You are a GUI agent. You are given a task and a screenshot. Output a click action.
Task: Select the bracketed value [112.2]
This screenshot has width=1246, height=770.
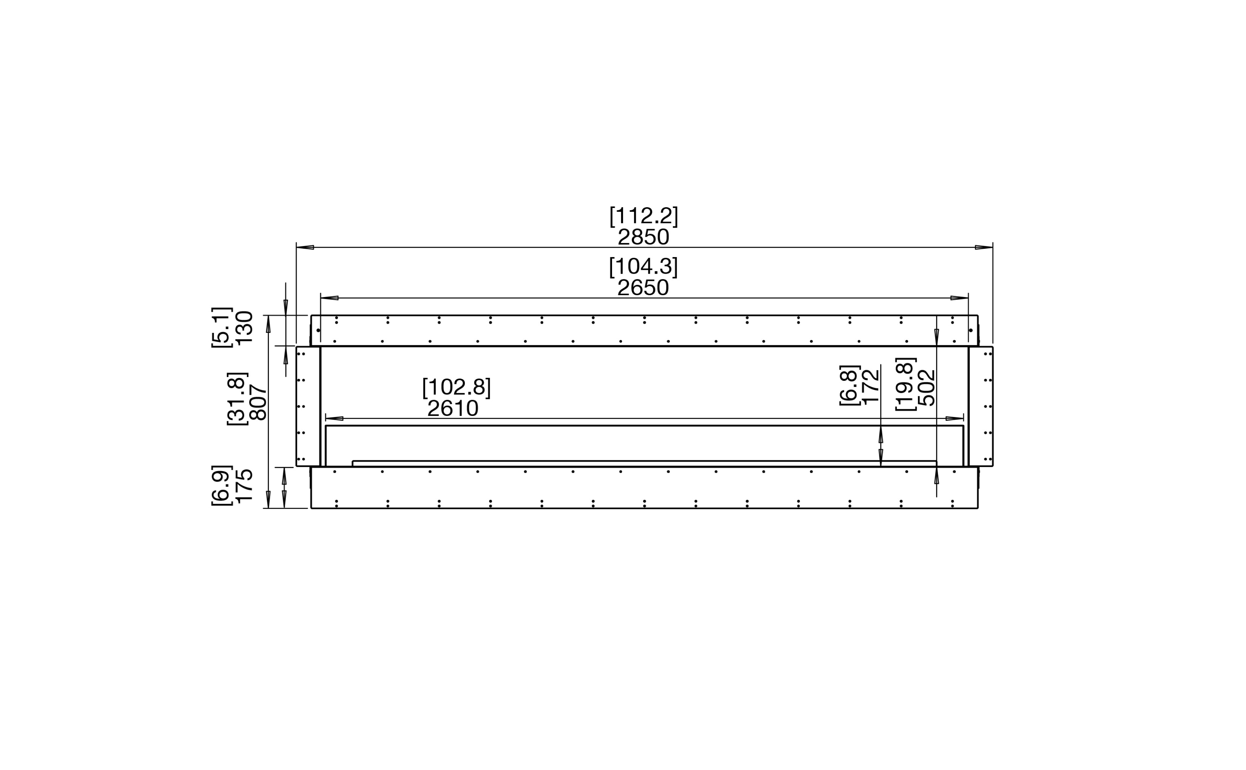pyautogui.click(x=644, y=216)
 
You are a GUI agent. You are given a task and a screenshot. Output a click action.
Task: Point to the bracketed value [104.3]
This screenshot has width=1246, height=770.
pyautogui.click(x=643, y=267)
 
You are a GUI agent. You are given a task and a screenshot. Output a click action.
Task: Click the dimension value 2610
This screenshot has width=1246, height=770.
pyautogui.click(x=453, y=408)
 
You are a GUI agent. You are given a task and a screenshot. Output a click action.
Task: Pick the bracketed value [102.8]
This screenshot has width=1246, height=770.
pyautogui.click(x=456, y=388)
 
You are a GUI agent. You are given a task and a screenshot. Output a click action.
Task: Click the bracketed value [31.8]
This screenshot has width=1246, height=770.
pyautogui.click(x=237, y=398)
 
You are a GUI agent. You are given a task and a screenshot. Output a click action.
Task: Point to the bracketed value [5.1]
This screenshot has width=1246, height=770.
pyautogui.click(x=222, y=327)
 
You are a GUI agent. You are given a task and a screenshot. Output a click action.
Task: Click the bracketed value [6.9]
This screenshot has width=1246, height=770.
pyautogui.click(x=222, y=485)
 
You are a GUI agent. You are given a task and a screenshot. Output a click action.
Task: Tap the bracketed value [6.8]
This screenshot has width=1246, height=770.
pyautogui.click(x=850, y=385)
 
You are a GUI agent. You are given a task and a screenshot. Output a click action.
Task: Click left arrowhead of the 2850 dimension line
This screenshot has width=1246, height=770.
pyautogui.click(x=305, y=248)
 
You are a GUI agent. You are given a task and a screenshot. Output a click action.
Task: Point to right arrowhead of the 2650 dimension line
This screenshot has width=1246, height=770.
pyautogui.click(x=959, y=298)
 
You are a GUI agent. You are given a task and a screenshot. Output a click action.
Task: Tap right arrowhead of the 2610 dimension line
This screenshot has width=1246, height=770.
pyautogui.click(x=954, y=419)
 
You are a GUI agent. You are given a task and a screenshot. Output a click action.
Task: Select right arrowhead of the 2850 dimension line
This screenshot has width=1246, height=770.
pyautogui.click(x=984, y=248)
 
